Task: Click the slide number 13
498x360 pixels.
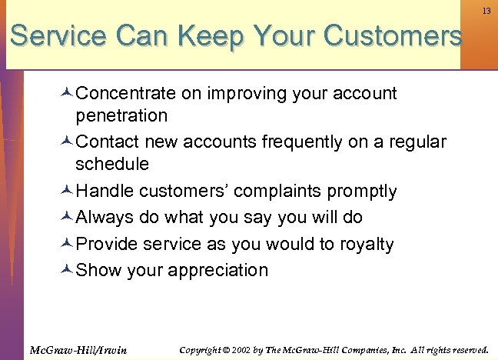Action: [x=486, y=12]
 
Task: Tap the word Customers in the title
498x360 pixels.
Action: [x=393, y=35]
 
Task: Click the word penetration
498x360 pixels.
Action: [x=121, y=116]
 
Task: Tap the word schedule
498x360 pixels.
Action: [x=112, y=164]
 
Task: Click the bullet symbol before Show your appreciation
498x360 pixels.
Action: [x=67, y=271]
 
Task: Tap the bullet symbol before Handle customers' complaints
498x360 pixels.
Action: [x=67, y=191]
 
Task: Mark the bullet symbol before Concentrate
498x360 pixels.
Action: [x=67, y=94]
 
